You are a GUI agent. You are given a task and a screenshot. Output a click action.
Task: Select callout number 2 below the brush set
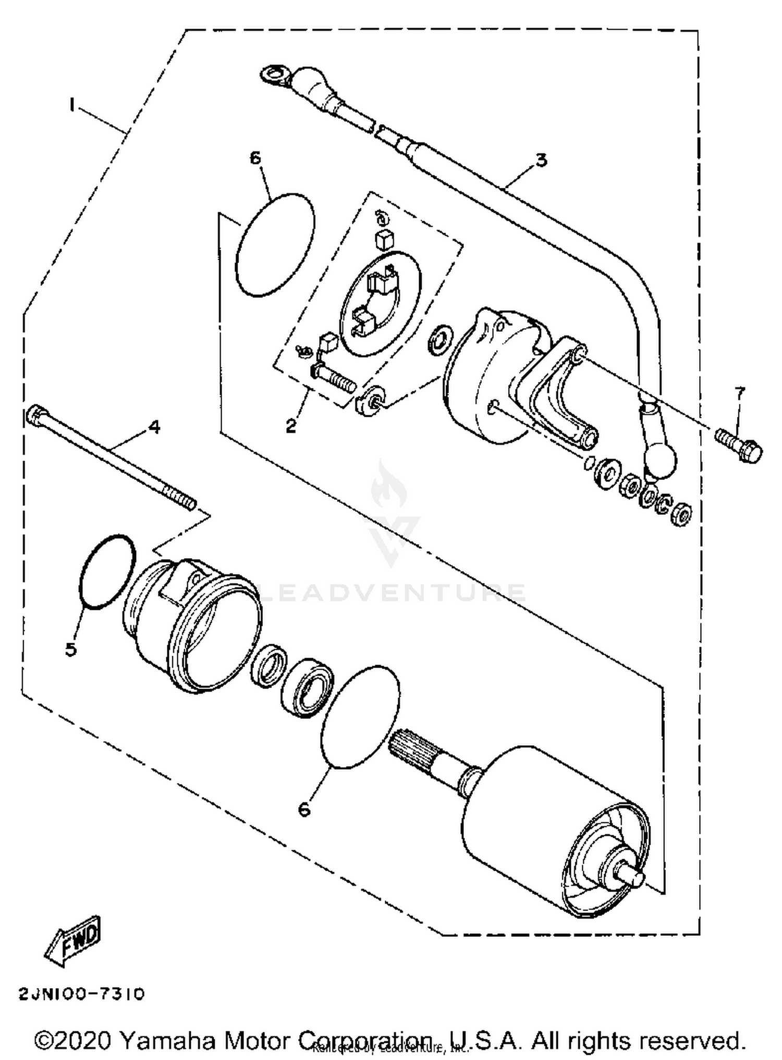tap(291, 425)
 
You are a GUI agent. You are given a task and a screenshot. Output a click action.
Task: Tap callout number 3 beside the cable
tap(541, 160)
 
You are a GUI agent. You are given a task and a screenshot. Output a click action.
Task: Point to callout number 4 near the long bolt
tap(154, 427)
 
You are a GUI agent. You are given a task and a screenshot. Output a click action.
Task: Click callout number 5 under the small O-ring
tap(71, 649)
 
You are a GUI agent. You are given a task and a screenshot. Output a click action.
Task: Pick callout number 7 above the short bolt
tap(739, 392)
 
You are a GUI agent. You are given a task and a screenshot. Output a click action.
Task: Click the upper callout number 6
tap(255, 157)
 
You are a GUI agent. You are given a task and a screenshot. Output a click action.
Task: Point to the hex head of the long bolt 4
tap(34, 415)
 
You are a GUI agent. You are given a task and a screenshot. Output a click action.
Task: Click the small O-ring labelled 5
tap(107, 571)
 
